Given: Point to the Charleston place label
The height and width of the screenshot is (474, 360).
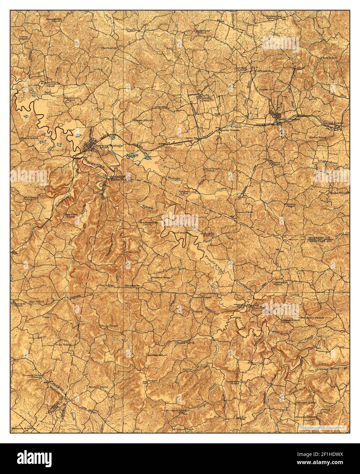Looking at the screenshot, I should (109, 48).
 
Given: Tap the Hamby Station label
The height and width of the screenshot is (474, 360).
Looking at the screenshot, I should (226, 130).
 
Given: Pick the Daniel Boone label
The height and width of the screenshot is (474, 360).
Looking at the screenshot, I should (333, 122).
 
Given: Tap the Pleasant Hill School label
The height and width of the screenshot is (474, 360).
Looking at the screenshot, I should (54, 19).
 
